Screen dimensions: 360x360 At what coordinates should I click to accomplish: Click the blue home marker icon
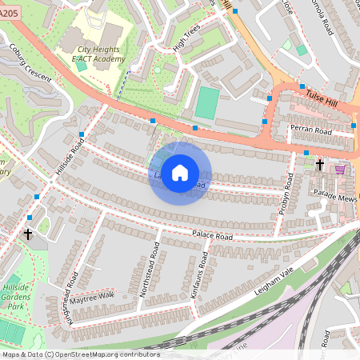(x=180, y=173)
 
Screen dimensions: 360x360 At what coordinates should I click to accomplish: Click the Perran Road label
(x=312, y=130)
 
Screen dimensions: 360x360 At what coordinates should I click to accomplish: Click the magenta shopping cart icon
(x=341, y=169)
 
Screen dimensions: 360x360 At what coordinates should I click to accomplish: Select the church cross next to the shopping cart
(x=320, y=165)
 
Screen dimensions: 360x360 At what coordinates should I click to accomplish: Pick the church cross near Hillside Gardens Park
(x=29, y=234)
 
